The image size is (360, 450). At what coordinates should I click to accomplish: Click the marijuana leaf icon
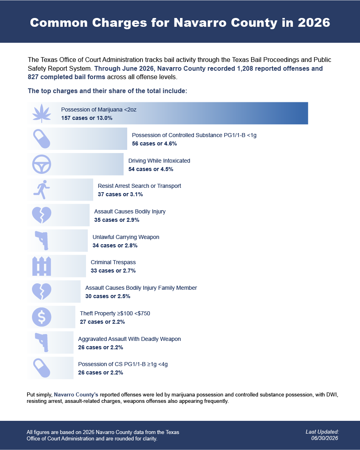(42, 113)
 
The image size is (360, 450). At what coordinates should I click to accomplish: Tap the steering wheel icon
(42, 164)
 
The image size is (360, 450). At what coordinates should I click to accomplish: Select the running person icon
(42, 190)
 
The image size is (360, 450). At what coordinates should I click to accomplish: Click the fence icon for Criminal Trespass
(42, 266)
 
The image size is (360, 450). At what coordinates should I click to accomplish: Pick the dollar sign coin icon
(42, 317)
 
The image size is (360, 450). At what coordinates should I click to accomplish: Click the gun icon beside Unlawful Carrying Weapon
(42, 241)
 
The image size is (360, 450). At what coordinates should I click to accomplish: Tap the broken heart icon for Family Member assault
(42, 292)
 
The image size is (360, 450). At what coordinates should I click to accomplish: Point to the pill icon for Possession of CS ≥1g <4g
(42, 368)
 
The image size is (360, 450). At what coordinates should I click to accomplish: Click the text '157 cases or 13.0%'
(87, 118)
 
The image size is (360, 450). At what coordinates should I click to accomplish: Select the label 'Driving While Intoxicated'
(159, 161)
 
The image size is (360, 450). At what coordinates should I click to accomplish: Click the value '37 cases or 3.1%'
(120, 194)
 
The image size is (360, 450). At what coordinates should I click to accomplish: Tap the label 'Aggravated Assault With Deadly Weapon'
(130, 339)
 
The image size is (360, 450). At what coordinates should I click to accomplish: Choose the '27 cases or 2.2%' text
(102, 322)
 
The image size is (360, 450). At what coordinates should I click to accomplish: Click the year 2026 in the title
(314, 23)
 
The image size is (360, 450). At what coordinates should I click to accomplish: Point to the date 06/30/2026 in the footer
(325, 438)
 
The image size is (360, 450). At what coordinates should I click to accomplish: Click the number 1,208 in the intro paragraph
(245, 69)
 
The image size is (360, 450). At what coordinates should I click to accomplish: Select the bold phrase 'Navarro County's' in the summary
(76, 394)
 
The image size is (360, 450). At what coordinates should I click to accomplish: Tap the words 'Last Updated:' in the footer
(322, 432)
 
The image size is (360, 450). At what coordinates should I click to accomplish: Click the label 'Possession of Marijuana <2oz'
(99, 110)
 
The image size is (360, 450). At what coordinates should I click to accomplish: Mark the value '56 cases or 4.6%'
(154, 143)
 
